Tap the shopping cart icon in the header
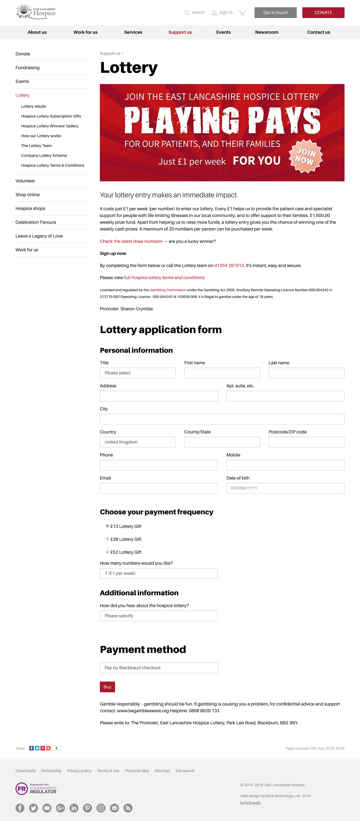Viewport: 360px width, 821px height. (x=242, y=13)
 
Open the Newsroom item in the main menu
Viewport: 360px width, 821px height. (x=267, y=32)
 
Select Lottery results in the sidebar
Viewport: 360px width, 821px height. (x=33, y=106)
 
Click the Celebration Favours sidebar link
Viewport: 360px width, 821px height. (x=36, y=222)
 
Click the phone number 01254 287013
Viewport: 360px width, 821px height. (x=229, y=266)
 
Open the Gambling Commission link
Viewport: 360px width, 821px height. (x=168, y=290)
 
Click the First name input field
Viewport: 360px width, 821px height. (x=222, y=373)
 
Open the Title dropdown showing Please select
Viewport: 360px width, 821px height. (x=138, y=373)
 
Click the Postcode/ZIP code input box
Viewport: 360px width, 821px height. (x=306, y=442)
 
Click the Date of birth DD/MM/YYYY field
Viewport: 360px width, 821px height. (x=285, y=488)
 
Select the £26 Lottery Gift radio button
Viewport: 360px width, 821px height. (x=107, y=539)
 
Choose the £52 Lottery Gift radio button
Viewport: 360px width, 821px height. (x=107, y=552)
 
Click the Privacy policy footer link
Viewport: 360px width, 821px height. (x=79, y=771)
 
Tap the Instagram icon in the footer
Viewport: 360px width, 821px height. (x=101, y=808)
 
